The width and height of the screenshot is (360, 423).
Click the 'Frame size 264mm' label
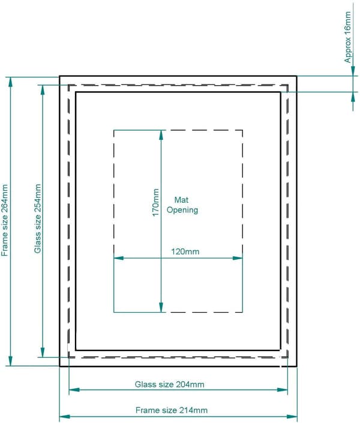5,220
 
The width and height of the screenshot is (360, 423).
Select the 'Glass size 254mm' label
38,218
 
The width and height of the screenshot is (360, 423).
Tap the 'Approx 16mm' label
348,37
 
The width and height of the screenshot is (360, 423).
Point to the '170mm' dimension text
155,202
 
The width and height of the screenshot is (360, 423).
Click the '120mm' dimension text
185,251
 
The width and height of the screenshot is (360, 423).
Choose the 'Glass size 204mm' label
169,385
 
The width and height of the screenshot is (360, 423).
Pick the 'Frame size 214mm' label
172,410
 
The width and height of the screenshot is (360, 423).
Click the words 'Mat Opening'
182,205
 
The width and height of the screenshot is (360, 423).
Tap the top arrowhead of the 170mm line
161,135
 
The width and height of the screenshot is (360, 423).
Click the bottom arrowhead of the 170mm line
161,307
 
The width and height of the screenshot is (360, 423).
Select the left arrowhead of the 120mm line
119,258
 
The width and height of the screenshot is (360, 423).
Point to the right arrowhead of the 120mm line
238,258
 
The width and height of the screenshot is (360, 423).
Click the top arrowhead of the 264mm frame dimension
11,82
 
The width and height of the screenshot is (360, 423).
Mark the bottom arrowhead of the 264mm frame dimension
11,361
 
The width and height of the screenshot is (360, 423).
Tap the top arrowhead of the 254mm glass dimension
43,90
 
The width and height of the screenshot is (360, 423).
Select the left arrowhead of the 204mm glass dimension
74,390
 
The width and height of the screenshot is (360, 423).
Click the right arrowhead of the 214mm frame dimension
292,417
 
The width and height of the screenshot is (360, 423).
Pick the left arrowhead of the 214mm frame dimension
64,417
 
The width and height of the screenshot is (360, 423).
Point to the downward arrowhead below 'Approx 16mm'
353,71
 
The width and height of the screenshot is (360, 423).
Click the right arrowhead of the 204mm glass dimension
283,390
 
